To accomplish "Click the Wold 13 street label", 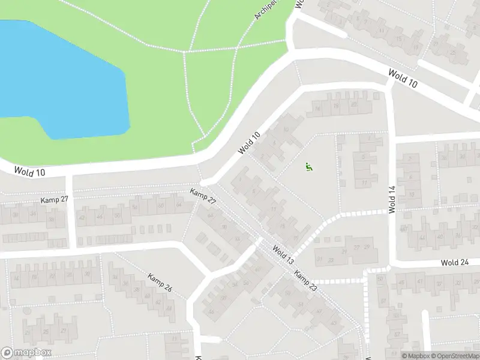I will click(283, 255).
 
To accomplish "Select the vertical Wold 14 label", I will click(392, 199).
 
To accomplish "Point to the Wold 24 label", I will click(454, 263).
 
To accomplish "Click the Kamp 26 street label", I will click(160, 283).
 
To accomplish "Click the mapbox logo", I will click(26, 353).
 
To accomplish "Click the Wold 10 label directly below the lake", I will click(32, 172).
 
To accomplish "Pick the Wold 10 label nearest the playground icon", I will click(248, 143).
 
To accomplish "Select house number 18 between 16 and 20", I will click(336, 107).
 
